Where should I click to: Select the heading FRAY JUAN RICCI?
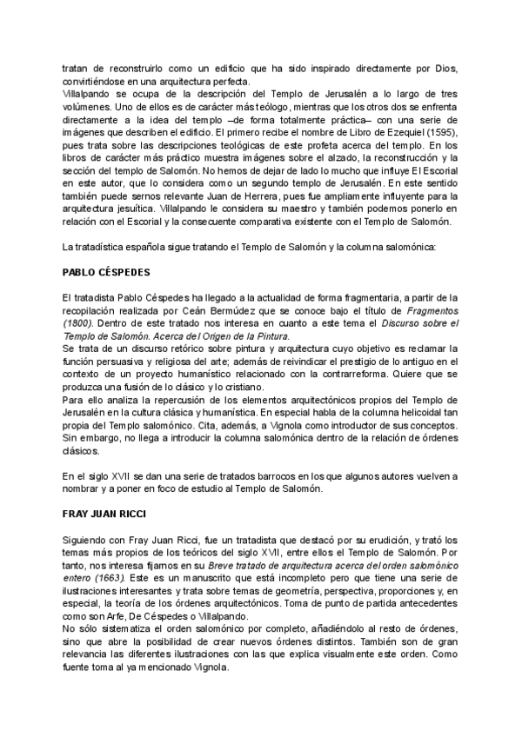(104, 513)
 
